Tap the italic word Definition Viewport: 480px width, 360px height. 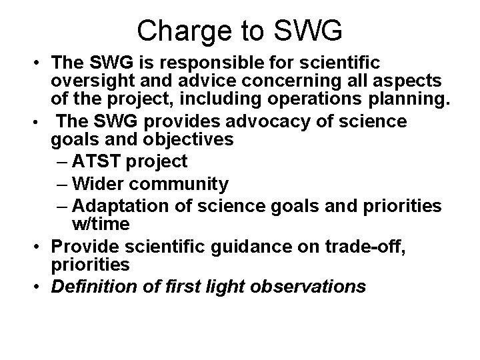coord(90,287)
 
